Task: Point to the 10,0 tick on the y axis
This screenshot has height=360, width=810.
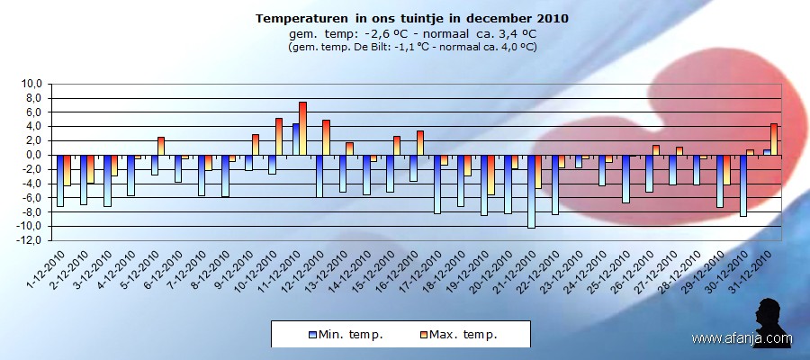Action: pos(31,84)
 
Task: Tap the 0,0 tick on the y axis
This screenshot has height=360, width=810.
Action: pos(32,155)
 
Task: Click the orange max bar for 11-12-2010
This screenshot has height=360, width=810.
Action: pos(303,128)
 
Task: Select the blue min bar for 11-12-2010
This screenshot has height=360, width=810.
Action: pos(295,139)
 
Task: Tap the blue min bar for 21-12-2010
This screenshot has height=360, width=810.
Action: pos(531,191)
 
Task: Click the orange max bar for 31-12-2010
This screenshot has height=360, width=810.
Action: pos(774,139)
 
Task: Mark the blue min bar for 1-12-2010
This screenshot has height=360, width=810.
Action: pos(60,180)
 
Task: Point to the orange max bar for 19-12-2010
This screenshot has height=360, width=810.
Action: pos(491,175)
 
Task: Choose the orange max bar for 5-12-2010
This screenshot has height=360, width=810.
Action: pos(161,146)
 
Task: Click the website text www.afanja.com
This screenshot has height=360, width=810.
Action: pos(742,338)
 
